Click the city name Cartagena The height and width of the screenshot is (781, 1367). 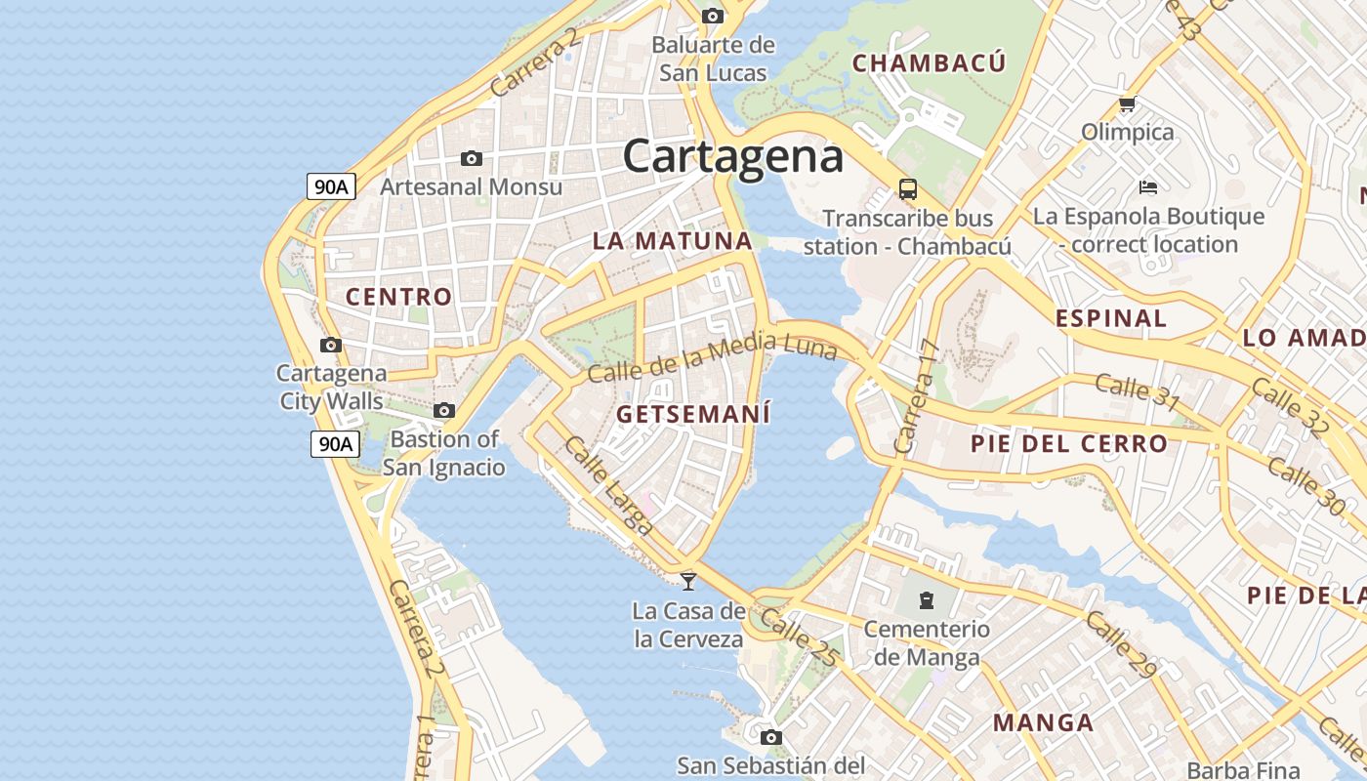coord(732,156)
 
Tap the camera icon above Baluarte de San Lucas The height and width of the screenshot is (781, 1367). coord(713,16)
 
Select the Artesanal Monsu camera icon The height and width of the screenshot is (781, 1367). coord(471,158)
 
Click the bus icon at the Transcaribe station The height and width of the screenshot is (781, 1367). coord(908,188)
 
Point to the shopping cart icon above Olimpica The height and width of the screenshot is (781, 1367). coord(1127,103)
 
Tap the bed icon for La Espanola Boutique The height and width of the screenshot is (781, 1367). coord(1148,186)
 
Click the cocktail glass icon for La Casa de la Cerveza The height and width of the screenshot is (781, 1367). coord(688,582)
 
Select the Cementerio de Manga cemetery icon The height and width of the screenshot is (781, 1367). coord(926,598)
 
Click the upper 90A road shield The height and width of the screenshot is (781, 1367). coord(331,185)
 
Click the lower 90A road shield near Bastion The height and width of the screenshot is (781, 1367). coord(335,443)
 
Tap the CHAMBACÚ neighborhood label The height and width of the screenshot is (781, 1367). coord(929,63)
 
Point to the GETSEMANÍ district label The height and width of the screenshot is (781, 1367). coord(693,414)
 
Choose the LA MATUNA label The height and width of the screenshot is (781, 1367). coord(672,241)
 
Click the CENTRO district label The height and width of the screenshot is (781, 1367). coord(399,297)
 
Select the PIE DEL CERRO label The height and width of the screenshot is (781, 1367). coord(1068,443)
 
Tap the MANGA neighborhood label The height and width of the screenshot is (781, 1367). coord(1043,723)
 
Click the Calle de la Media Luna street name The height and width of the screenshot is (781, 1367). coord(712,358)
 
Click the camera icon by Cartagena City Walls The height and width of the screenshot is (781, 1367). coord(331,345)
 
